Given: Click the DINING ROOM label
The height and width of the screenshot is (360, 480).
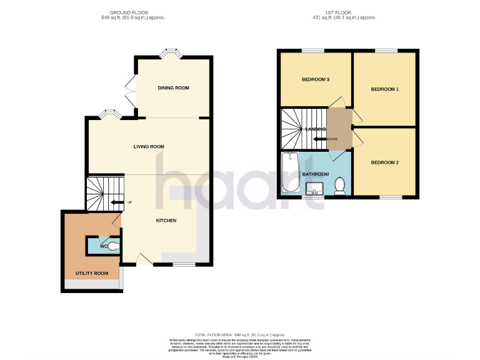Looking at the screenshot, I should pos(173,88).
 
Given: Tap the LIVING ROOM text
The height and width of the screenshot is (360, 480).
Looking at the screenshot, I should pos(149,147).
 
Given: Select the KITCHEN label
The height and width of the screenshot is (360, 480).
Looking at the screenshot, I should pos(166,221).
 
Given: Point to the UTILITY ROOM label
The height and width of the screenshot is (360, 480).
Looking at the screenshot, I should pos(92,274).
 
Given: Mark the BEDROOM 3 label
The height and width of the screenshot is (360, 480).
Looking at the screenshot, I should pos(316,79).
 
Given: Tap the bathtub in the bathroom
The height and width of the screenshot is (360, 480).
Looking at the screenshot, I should pos(290,172).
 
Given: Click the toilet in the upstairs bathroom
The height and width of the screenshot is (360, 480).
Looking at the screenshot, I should pos(340,186).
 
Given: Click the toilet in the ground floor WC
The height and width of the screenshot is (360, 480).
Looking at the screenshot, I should pos(111,246).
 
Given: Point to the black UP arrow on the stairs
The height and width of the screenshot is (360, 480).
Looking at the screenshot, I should pos(117,202).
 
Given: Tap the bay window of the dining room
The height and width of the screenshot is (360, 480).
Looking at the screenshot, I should pos(169,54).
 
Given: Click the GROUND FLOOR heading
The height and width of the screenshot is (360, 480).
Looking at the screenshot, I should pos(128,12).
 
